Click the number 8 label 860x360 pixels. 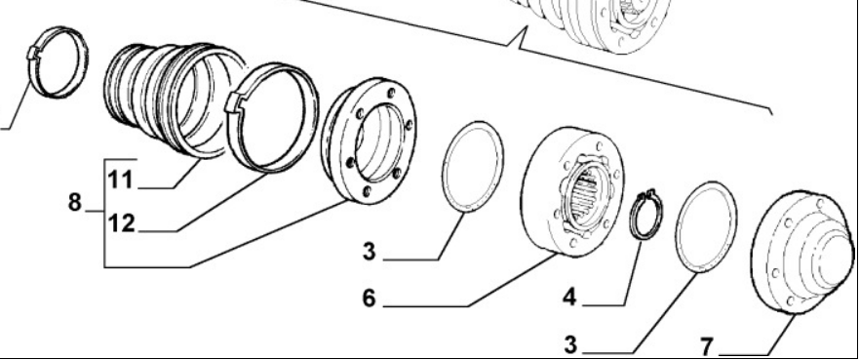(x=74, y=202)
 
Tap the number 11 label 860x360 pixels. (x=120, y=180)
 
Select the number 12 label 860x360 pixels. (x=121, y=223)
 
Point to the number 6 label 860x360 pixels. (x=370, y=298)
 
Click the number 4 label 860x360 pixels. (x=569, y=297)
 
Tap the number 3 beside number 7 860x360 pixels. (x=571, y=345)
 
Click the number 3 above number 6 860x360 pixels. (x=370, y=252)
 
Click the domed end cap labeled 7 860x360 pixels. (x=801, y=253)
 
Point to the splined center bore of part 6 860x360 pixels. (x=585, y=195)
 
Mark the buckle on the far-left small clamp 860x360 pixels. (x=33, y=52)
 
